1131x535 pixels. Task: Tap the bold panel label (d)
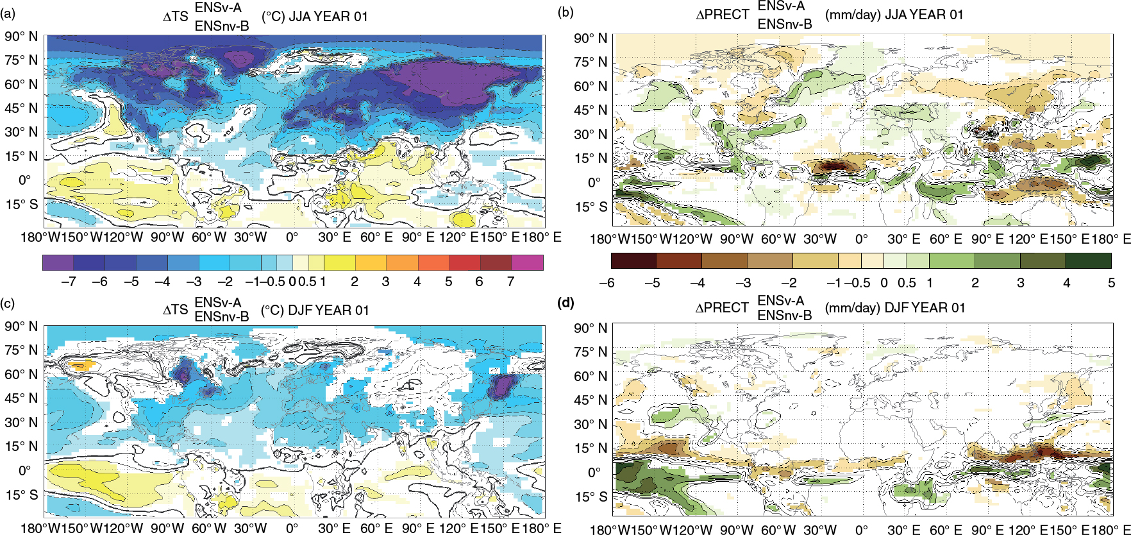566,303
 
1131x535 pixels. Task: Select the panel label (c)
12,303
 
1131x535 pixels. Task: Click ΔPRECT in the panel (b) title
723,15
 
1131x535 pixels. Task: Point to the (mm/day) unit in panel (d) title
852,308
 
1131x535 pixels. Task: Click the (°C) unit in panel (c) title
272,310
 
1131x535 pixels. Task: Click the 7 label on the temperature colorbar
511,282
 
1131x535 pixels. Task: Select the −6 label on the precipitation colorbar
607,282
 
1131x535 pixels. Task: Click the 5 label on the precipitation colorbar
1111,282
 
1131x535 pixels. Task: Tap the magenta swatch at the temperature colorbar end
528,262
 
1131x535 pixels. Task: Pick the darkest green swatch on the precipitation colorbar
1088,260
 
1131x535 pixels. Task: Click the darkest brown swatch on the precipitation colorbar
634,260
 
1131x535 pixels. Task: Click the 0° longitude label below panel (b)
861,239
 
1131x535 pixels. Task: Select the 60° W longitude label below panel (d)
778,530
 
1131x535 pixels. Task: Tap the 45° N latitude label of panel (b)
591,110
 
